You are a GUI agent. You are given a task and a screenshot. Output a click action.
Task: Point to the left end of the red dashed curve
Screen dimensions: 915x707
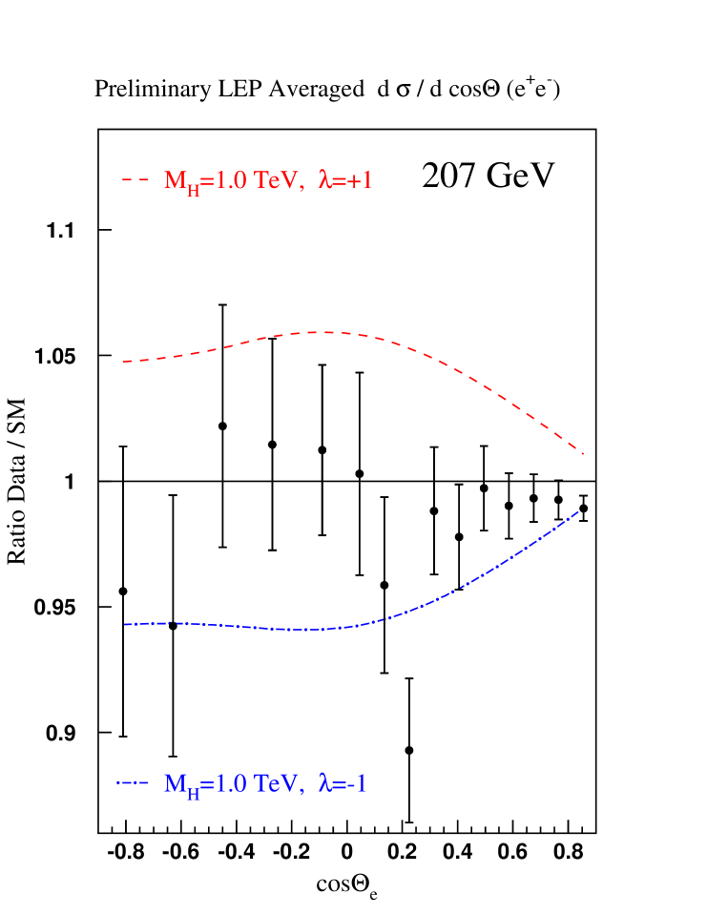click(124, 362)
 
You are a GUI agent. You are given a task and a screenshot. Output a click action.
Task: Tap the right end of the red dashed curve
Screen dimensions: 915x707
click(583, 454)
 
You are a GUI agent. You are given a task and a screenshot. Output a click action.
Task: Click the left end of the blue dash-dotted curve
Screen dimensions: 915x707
click(124, 624)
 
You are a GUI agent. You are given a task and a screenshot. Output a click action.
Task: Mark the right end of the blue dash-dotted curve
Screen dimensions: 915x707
click(580, 511)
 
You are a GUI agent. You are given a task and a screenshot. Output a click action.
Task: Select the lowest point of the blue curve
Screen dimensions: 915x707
click(303, 630)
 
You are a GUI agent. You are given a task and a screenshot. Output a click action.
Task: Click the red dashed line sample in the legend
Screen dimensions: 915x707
click(135, 179)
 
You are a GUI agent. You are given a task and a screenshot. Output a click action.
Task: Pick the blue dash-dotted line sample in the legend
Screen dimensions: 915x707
click(133, 783)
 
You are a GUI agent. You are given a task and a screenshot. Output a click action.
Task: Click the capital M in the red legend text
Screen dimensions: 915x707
click(175, 180)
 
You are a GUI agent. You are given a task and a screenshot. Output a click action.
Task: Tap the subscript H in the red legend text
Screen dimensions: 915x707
click(194, 190)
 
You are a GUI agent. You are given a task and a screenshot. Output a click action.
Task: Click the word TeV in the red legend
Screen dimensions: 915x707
click(279, 180)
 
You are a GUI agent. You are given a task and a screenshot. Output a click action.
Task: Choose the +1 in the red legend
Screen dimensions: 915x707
click(360, 180)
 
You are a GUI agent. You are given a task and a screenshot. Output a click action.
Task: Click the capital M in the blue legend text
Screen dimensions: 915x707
click(175, 784)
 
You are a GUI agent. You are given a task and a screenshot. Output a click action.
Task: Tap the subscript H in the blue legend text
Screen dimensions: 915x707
click(194, 794)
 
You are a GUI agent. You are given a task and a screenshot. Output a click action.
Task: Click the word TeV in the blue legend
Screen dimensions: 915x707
click(279, 784)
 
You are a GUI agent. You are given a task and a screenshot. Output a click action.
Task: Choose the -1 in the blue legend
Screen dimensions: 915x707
click(357, 784)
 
